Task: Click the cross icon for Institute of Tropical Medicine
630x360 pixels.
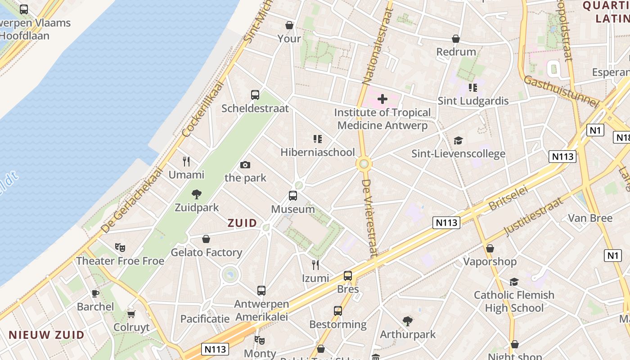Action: pos(382,99)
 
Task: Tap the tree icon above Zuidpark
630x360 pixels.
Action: pos(196,194)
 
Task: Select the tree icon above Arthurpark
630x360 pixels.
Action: pos(408,321)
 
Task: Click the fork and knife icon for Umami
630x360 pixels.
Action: pos(186,162)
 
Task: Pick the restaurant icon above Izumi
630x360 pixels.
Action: pos(315,265)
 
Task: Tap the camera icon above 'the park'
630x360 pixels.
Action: pos(245,165)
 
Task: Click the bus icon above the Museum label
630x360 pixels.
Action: pos(293,196)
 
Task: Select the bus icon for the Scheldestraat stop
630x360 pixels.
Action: pos(255,95)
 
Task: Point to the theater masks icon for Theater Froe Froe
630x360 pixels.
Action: pos(120,247)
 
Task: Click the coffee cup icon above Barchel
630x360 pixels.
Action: pos(95,293)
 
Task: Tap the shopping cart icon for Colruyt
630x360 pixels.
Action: pos(131,314)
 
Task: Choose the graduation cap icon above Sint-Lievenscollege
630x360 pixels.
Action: pos(458,141)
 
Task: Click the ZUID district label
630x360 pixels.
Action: pos(242,223)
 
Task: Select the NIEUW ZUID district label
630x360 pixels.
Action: pos(46,335)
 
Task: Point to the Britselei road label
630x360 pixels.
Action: pos(508,198)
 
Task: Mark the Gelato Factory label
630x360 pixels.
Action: pos(206,252)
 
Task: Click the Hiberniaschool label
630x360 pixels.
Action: pos(318,152)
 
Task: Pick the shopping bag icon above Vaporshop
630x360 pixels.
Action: pos(490,248)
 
